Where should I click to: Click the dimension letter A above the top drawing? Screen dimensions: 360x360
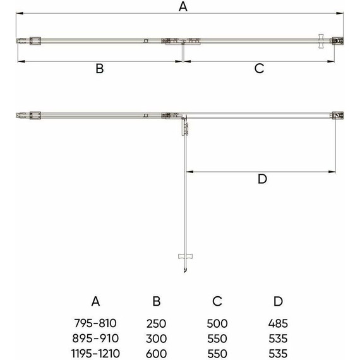pos(183,7)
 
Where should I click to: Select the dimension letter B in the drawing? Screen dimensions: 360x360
pos(99,69)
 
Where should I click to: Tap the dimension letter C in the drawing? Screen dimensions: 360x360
pos(259,69)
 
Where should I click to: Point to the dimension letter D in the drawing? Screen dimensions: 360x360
pos(263,179)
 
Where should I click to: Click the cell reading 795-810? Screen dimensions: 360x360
pos(96,323)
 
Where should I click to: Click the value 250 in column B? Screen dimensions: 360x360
pos(157,323)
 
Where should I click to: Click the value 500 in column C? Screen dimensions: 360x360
pos(217,323)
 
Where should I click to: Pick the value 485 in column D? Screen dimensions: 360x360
pos(279,323)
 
